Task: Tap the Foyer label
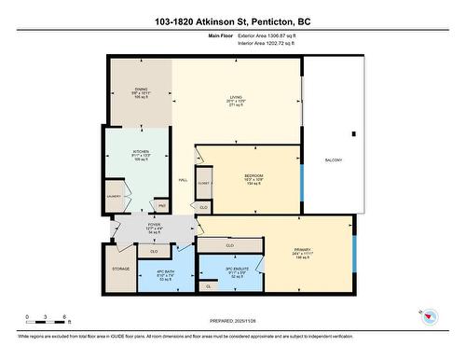tap(155, 225)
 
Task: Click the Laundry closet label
tap(116, 197)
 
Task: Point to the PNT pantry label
tap(162, 206)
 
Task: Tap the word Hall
tap(183, 179)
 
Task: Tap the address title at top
tap(232, 20)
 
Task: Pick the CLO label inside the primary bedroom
tap(229, 245)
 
